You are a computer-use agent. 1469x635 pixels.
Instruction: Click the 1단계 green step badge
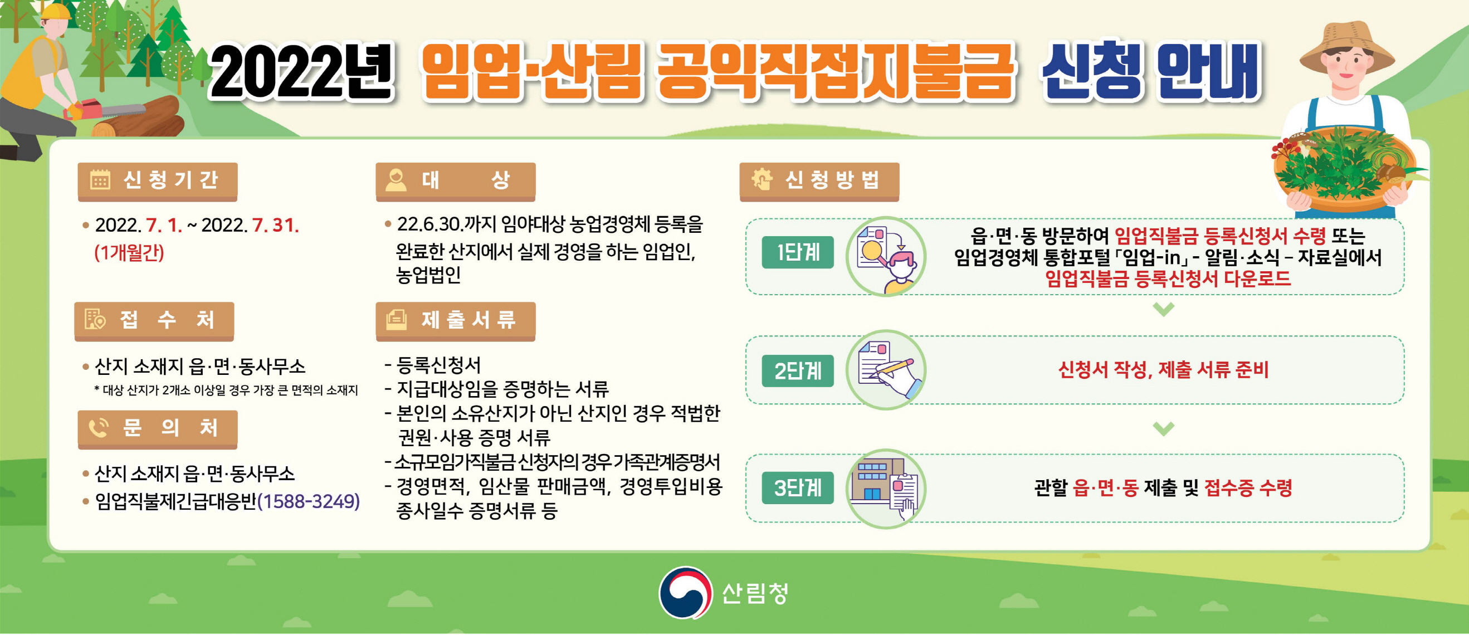[x=797, y=252]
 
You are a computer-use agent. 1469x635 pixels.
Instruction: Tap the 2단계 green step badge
[x=797, y=370]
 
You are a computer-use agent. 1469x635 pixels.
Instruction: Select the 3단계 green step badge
[x=797, y=488]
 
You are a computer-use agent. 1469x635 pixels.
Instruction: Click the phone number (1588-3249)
[x=309, y=502]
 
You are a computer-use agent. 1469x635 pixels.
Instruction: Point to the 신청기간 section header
[x=158, y=181]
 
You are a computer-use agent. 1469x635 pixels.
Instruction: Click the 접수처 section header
[x=154, y=321]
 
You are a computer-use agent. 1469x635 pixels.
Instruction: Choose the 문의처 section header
[x=158, y=429]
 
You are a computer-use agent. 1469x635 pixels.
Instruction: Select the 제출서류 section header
[x=455, y=321]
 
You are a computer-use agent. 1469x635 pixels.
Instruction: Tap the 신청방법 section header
[x=819, y=181]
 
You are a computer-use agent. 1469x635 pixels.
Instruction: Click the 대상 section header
[x=455, y=181]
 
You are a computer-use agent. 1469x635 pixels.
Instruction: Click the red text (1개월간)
[x=129, y=252]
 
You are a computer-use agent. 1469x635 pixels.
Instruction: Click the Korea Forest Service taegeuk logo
[x=685, y=592]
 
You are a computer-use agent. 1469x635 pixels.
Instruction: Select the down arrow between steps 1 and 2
[x=1163, y=309]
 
